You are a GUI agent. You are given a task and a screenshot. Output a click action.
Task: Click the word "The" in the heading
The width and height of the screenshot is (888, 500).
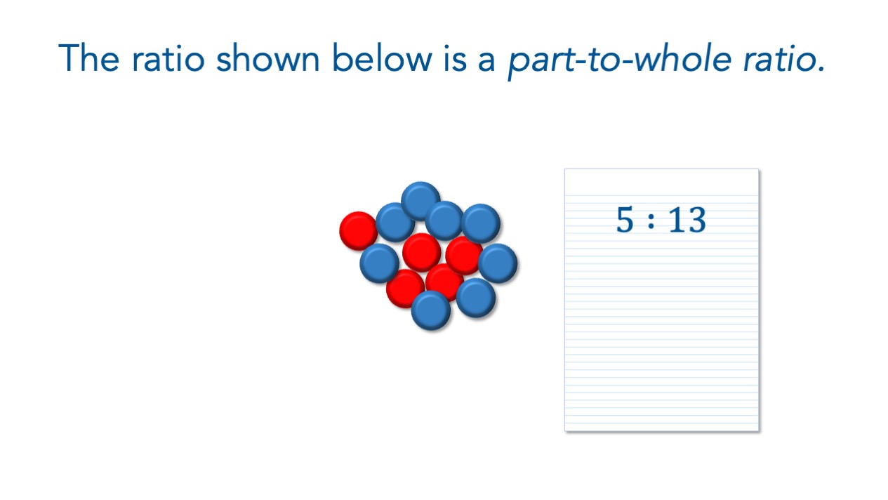[x=88, y=58]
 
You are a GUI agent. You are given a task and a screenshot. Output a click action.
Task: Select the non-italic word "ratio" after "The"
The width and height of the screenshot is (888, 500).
[x=168, y=58]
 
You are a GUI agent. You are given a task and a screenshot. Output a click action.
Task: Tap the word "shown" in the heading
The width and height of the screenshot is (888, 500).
[x=267, y=58]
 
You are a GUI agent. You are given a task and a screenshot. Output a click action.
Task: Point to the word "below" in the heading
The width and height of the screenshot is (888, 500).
[x=382, y=58]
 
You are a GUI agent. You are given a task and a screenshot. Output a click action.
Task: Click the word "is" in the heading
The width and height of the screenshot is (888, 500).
[x=455, y=58]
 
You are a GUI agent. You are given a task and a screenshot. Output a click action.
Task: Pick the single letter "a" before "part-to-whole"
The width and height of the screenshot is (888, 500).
[x=486, y=62]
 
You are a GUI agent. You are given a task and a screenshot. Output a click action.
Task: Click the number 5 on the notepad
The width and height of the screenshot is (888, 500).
[x=625, y=219]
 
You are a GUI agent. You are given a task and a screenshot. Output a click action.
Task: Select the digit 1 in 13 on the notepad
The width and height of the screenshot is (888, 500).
[x=677, y=219]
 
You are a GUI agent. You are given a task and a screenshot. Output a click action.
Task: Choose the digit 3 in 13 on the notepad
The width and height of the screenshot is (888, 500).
[x=696, y=219]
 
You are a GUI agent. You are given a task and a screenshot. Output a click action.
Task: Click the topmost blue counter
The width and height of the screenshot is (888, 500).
[x=420, y=201]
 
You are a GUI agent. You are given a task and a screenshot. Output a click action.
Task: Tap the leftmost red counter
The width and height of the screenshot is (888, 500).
[x=359, y=231]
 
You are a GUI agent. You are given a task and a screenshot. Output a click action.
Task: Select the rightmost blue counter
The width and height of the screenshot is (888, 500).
[x=498, y=263]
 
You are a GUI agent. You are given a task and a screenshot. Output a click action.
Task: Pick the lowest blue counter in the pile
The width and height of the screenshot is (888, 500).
[x=431, y=310]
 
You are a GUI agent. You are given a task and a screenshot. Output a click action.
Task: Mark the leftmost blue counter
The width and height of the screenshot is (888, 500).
[x=379, y=263]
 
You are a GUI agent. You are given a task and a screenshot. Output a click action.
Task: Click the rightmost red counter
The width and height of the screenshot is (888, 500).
[x=464, y=256]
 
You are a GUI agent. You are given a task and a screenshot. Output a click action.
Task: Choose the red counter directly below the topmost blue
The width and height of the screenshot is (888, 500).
[x=422, y=253]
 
